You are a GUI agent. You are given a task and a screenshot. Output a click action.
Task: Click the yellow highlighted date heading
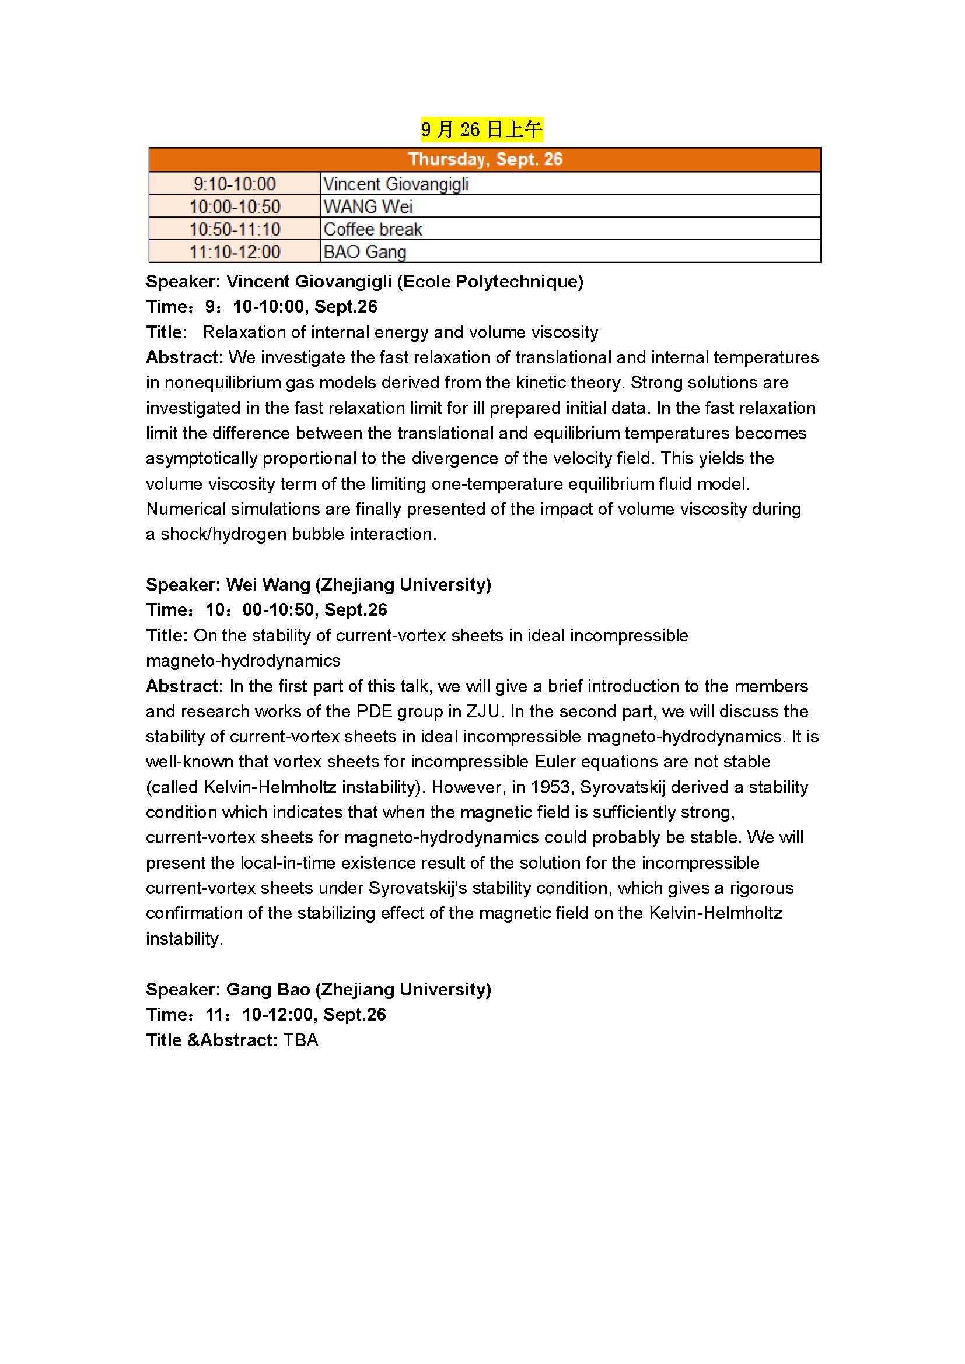pos(481,129)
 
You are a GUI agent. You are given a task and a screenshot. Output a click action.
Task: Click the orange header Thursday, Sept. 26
pos(484,159)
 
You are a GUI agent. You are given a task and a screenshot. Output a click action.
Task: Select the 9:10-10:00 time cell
pos(234,184)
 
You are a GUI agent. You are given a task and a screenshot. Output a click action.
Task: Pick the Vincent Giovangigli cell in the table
pos(396,184)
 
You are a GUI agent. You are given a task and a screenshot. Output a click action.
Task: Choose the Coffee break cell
pos(373,229)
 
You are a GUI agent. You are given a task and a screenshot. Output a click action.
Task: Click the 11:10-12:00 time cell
pos(234,252)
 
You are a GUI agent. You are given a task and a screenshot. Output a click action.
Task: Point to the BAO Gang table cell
pos(365,252)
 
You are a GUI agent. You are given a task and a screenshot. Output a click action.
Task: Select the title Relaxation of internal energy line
pos(400,332)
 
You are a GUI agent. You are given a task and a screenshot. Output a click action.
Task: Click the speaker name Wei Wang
pos(268,584)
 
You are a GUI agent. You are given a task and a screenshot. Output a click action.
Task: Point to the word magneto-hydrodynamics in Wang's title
pos(243,661)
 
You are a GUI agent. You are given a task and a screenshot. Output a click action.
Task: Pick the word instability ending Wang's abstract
pos(184,939)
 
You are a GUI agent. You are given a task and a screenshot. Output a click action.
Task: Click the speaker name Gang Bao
pos(268,989)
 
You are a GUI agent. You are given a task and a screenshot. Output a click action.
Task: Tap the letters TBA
pos(300,1040)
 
